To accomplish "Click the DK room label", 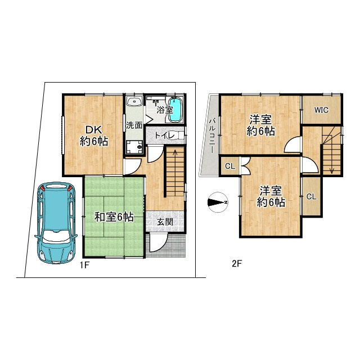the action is (x=94, y=130).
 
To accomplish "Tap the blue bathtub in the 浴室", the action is (x=176, y=110).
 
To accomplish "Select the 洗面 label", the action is (x=134, y=126).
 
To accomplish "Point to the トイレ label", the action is (x=165, y=136).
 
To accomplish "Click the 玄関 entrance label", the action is (x=165, y=222).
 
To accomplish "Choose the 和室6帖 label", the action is (x=114, y=217).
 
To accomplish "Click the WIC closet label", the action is (x=321, y=110).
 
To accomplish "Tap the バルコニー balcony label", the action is (x=213, y=135).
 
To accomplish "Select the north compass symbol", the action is (x=218, y=202).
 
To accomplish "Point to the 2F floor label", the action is (x=237, y=264).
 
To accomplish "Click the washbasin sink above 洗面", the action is (x=135, y=102).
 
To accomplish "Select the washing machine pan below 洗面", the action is (x=135, y=147).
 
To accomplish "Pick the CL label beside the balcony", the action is (x=230, y=166).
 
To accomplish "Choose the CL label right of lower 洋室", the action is (x=312, y=196).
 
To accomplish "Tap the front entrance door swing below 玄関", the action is (x=159, y=242).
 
